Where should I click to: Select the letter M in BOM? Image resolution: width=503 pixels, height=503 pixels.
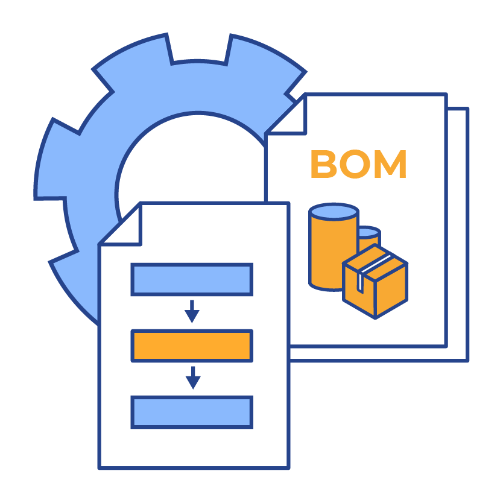pos(389,164)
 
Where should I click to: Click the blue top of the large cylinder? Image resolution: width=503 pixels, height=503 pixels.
pos(334,212)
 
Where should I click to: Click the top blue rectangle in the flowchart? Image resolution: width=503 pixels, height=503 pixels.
pos(192,279)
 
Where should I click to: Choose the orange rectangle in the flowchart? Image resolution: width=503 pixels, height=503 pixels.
pos(192,346)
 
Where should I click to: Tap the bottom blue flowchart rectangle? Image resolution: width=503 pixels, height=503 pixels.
pos(192,412)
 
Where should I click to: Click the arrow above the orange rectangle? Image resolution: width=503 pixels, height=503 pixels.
pos(192,311)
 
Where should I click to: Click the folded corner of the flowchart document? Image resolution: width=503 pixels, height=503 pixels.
pos(124,227)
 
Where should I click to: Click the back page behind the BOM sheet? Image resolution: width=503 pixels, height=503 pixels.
pos(458,241)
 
